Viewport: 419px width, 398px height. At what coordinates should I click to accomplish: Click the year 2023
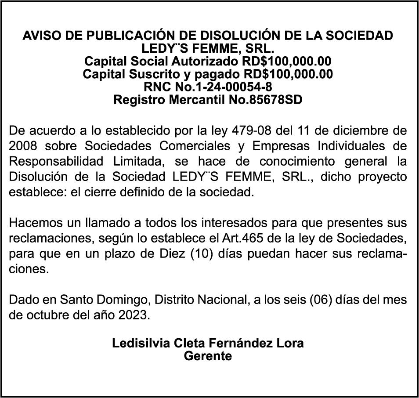134,316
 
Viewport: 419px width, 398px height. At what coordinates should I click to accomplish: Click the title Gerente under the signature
208,355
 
